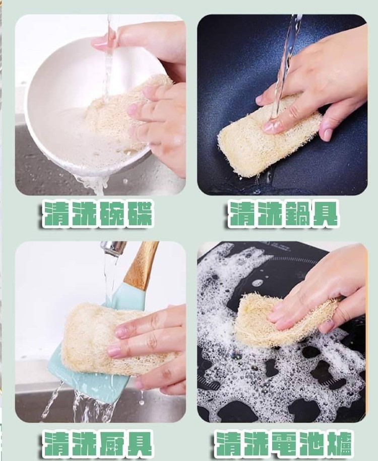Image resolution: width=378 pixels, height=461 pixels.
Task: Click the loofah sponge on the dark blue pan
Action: (x=268, y=138)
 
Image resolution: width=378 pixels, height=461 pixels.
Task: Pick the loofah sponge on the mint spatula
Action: (x=112, y=338)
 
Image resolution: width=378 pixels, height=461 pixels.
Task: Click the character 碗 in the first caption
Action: (x=111, y=214)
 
